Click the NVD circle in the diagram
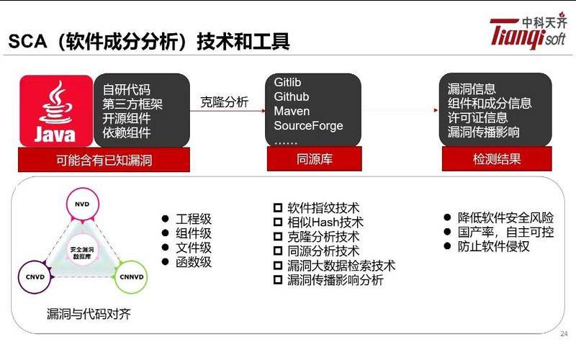click(x=81, y=204)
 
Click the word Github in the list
click(x=292, y=97)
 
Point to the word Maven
click(x=292, y=112)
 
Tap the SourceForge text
click(x=308, y=126)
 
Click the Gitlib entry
click(x=289, y=83)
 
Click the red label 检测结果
click(x=496, y=159)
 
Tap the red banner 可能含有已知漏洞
click(x=104, y=160)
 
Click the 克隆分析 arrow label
click(x=224, y=102)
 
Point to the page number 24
click(x=564, y=333)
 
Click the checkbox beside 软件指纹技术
click(x=278, y=207)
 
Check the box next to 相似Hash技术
click(x=278, y=222)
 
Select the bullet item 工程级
click(x=194, y=219)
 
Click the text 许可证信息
click(x=477, y=117)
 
